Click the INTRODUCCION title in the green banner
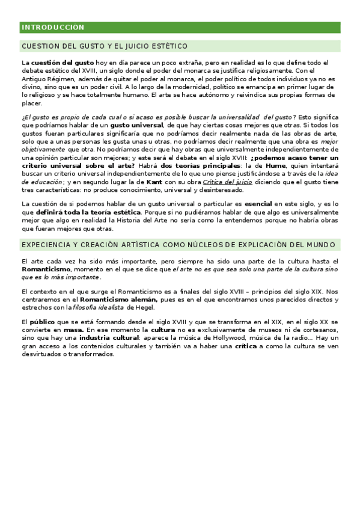pos(53,28)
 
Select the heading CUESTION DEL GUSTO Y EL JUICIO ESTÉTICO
pos(105,46)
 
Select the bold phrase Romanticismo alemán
pos(119,299)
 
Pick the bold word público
pos(42,322)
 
